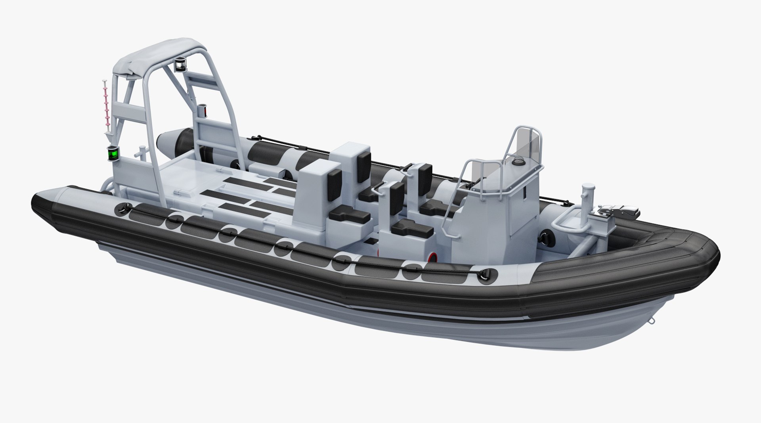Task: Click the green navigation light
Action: [113, 153]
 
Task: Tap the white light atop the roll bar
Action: [181, 65]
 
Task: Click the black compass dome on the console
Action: [517, 162]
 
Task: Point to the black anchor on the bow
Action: [620, 212]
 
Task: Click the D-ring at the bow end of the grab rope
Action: [487, 274]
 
